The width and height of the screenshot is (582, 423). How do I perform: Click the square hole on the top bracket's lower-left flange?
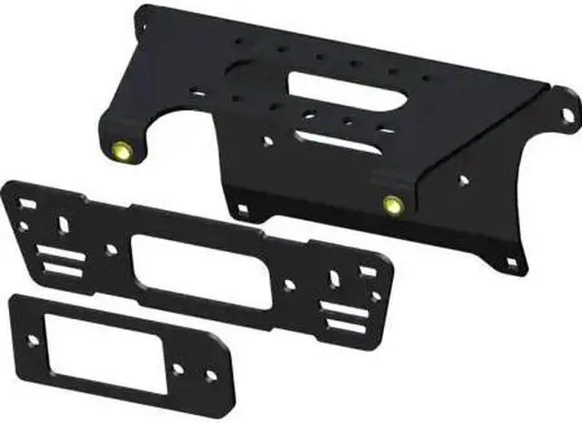[244, 210]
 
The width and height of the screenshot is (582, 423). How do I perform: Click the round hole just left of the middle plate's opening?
[112, 247]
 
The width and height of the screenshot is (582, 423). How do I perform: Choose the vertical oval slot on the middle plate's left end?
[62, 223]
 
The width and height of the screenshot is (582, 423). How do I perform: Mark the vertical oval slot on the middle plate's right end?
[336, 275]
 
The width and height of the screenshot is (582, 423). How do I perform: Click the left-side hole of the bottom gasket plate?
[33, 341]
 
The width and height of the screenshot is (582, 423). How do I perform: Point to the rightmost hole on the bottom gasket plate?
[211, 376]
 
